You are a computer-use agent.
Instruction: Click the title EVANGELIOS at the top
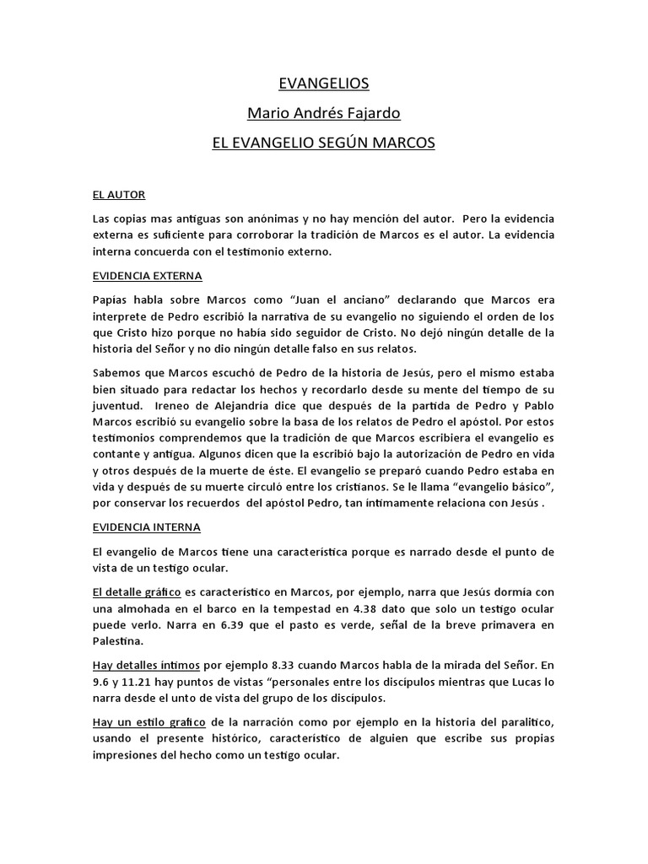(x=323, y=84)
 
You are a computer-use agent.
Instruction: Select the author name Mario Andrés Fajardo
(x=323, y=113)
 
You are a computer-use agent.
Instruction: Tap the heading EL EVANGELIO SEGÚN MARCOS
(x=323, y=143)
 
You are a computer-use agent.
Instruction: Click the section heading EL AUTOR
(x=119, y=194)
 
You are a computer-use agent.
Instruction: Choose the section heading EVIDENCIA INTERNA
(x=147, y=527)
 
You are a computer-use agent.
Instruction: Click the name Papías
(x=111, y=300)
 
